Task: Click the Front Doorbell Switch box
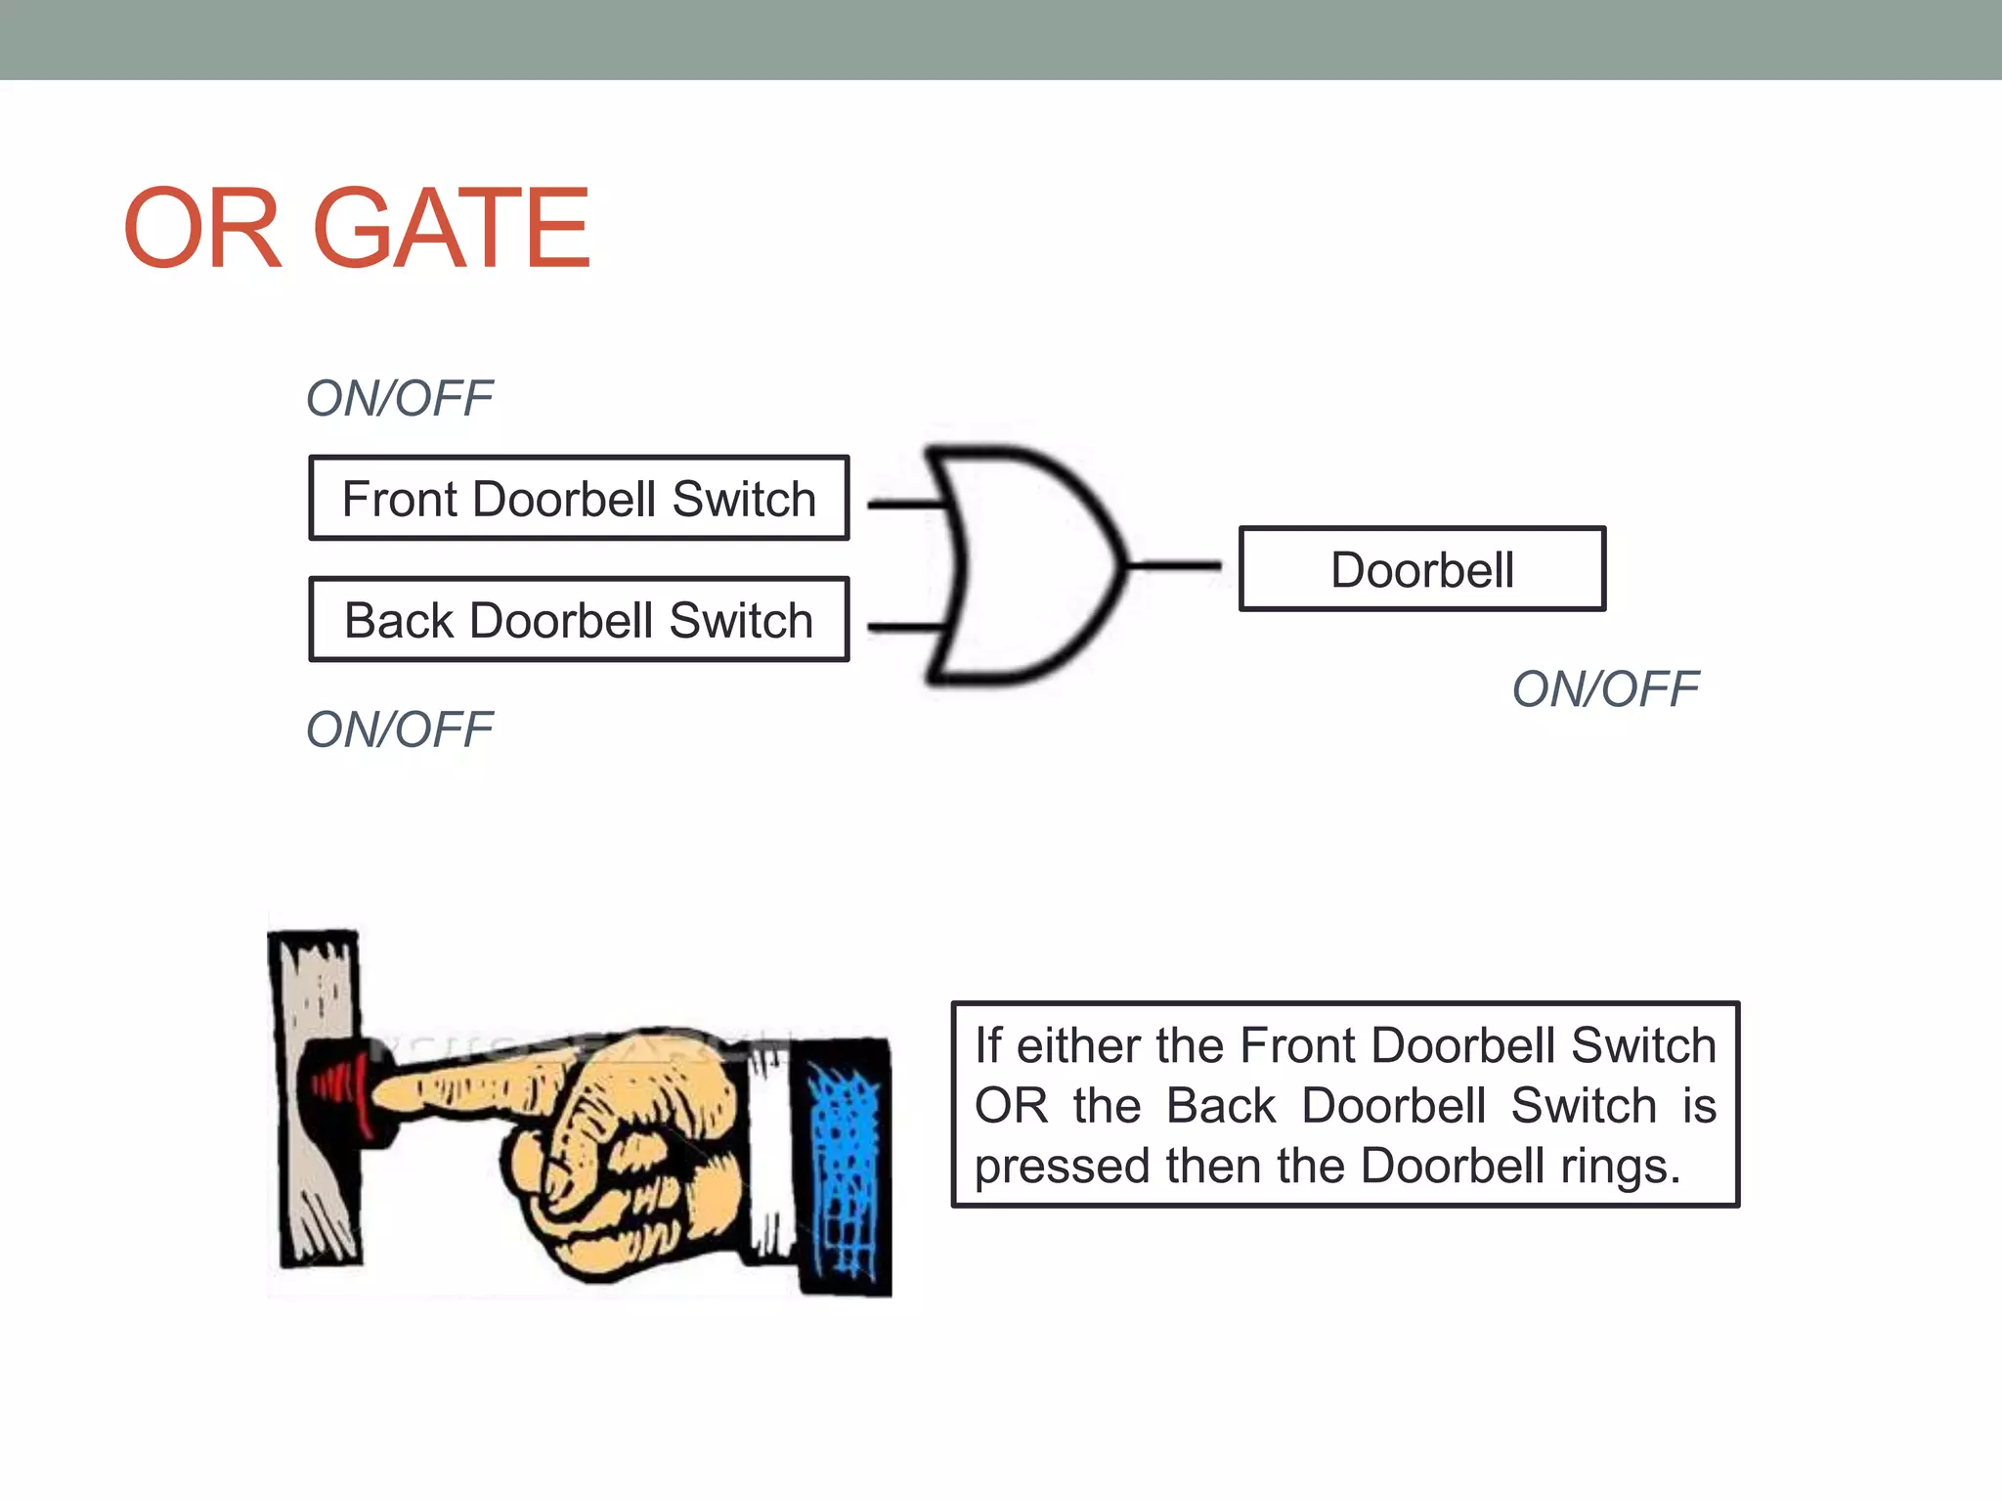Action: point(579,498)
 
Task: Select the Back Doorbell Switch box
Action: point(579,620)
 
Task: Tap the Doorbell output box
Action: point(1421,569)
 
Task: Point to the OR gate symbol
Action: point(1026,565)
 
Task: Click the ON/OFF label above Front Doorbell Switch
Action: point(399,398)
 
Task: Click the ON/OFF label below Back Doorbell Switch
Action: point(399,729)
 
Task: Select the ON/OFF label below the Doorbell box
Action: point(1604,689)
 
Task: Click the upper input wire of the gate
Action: point(904,505)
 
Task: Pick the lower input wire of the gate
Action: point(904,627)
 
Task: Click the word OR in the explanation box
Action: point(1010,1106)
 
